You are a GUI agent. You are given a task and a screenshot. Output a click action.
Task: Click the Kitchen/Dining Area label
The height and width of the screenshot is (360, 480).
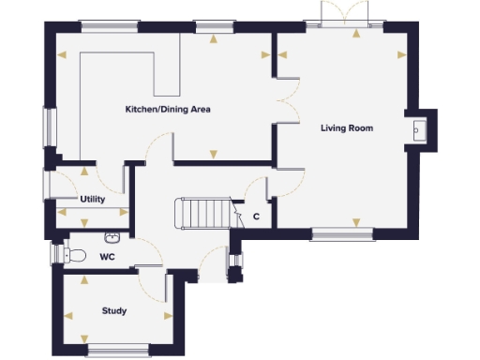tap(168, 110)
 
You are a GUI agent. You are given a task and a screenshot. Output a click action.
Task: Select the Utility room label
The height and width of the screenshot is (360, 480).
tap(92, 200)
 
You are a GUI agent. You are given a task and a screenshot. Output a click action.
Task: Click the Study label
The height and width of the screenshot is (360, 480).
tap(114, 310)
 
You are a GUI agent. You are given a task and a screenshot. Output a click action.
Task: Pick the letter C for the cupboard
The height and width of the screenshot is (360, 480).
tap(256, 217)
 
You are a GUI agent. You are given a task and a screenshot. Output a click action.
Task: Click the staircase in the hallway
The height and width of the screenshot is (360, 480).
tap(205, 213)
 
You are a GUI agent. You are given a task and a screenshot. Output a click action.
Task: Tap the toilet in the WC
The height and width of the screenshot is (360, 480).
tap(75, 254)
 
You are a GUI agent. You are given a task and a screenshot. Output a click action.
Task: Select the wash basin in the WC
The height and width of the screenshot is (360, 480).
tap(114, 237)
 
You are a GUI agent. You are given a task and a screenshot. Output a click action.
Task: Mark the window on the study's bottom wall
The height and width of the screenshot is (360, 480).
tap(113, 352)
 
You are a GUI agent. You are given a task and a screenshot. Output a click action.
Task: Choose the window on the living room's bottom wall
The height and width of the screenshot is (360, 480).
tap(341, 234)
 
